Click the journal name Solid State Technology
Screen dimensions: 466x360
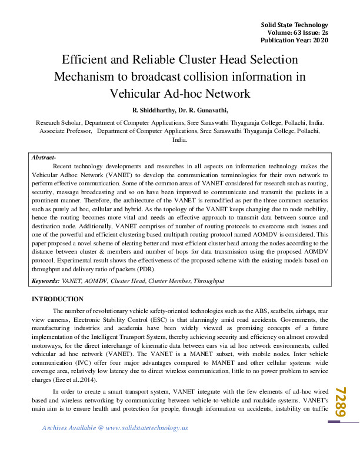(294, 24)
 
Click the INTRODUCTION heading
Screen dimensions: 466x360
(57, 299)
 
